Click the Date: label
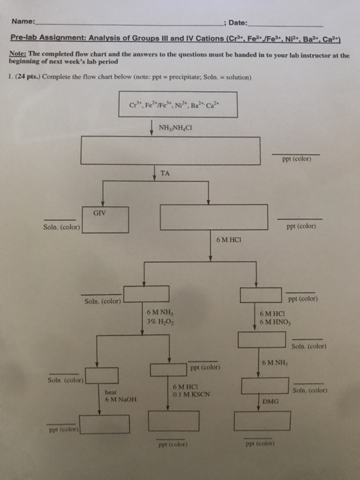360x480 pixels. point(240,23)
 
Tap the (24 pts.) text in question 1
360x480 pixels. point(29,77)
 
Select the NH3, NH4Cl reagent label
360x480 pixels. point(174,128)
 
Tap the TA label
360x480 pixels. point(165,174)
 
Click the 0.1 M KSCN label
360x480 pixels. point(191,394)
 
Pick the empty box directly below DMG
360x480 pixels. point(262,420)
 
